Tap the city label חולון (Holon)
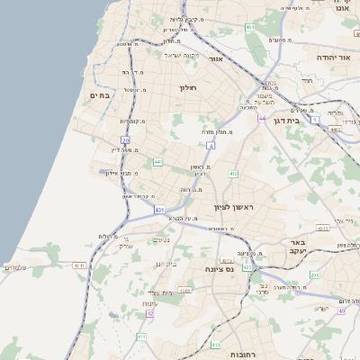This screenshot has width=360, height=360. tap(187, 87)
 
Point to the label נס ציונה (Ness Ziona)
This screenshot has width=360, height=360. tap(219, 269)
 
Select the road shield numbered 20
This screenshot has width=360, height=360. tap(126, 140)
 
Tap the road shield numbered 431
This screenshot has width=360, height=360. tap(159, 209)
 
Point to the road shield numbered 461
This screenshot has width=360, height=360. tap(250, 29)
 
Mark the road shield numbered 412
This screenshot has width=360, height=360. tap(232, 172)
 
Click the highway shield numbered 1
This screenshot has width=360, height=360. tap(315, 119)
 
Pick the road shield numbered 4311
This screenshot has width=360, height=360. tap(79, 265)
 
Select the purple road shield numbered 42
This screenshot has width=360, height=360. tap(149, 313)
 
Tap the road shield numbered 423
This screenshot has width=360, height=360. tap(246, 267)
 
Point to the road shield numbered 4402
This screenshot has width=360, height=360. tap(335, 129)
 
